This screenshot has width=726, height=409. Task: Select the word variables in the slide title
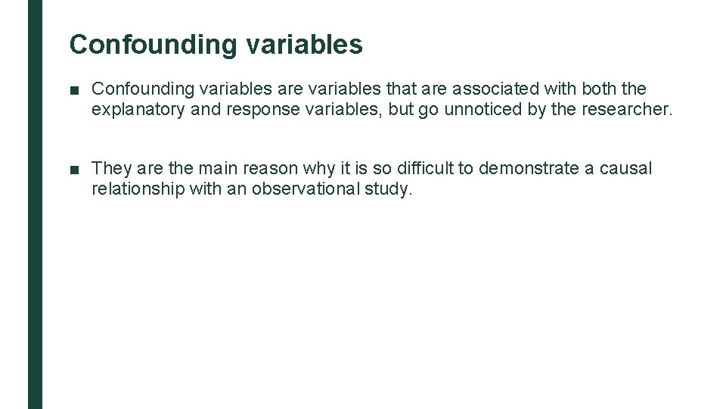pos(304,45)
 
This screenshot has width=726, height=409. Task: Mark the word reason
pos(270,168)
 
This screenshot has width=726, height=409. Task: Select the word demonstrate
pos(529,168)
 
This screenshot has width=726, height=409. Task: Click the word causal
pos(625,168)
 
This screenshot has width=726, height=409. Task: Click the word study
pos(389,189)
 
